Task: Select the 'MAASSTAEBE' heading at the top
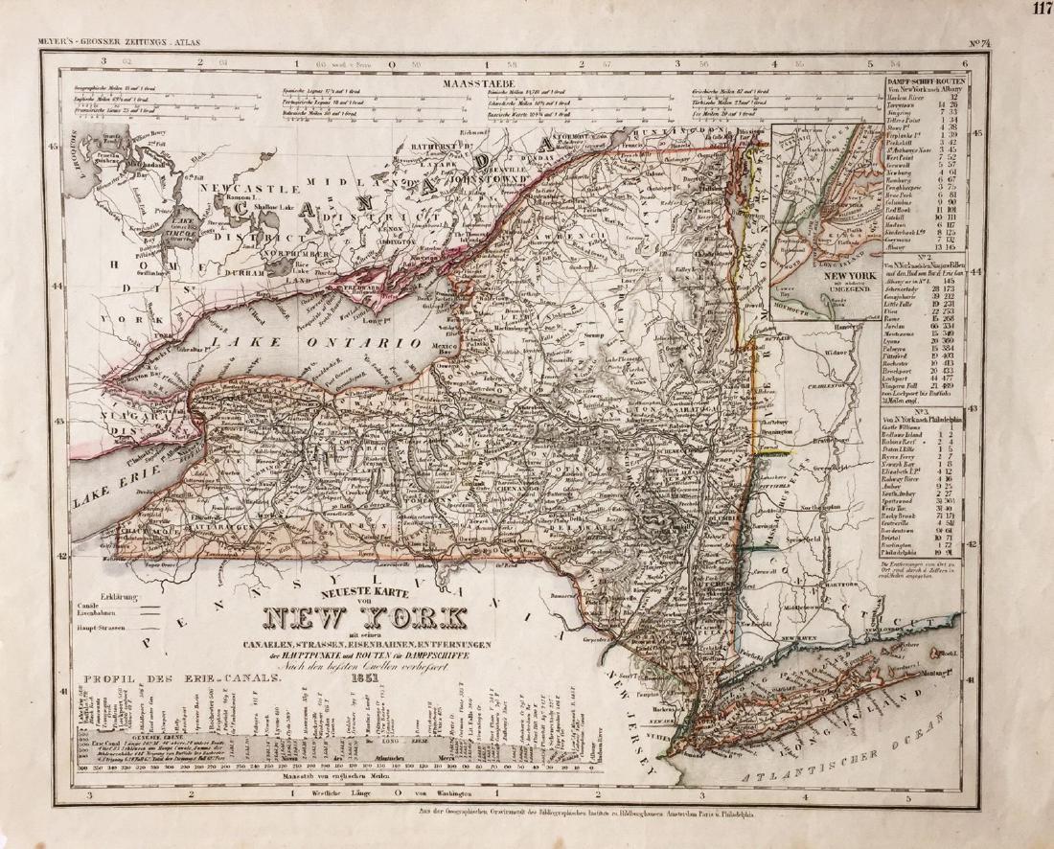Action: click(x=473, y=83)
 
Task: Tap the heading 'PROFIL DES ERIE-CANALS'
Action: click(x=182, y=679)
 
